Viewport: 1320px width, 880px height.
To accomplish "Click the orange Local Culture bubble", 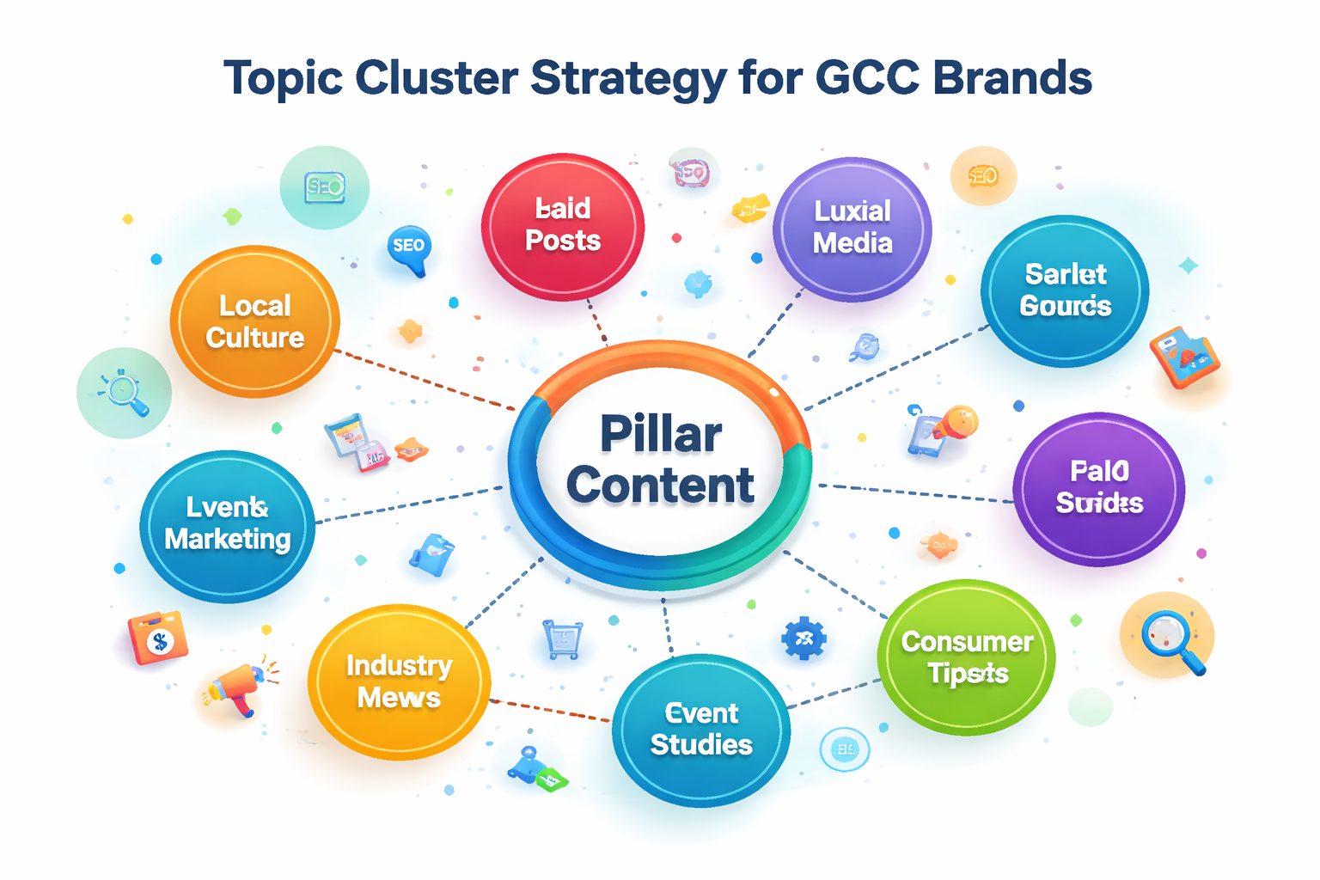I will pyautogui.click(x=254, y=321).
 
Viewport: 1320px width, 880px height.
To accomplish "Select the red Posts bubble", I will pyautogui.click(x=563, y=226).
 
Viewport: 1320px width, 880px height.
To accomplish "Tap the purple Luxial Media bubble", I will pyautogui.click(x=852, y=229).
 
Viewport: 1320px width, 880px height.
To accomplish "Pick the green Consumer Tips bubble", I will pyautogui.click(x=967, y=657).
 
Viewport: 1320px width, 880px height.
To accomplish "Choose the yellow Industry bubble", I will pyautogui.click(x=399, y=681).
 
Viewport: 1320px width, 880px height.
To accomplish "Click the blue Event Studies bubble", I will pyautogui.click(x=701, y=730).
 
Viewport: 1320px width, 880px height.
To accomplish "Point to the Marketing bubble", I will pyautogui.click(x=227, y=524).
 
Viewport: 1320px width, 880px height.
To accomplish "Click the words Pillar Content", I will pyautogui.click(x=660, y=460).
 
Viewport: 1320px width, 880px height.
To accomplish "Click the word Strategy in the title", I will pyautogui.click(x=628, y=79).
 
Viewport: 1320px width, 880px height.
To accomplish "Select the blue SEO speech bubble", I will pyautogui.click(x=409, y=247).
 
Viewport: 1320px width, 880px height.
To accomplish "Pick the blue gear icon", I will pyautogui.click(x=804, y=638).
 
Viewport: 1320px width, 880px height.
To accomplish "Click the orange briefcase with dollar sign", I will pyautogui.click(x=158, y=638).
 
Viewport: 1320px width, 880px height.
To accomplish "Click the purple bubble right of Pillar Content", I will pyautogui.click(x=1099, y=488).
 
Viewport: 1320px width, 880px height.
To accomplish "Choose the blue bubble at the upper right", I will pyautogui.click(x=1065, y=290).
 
